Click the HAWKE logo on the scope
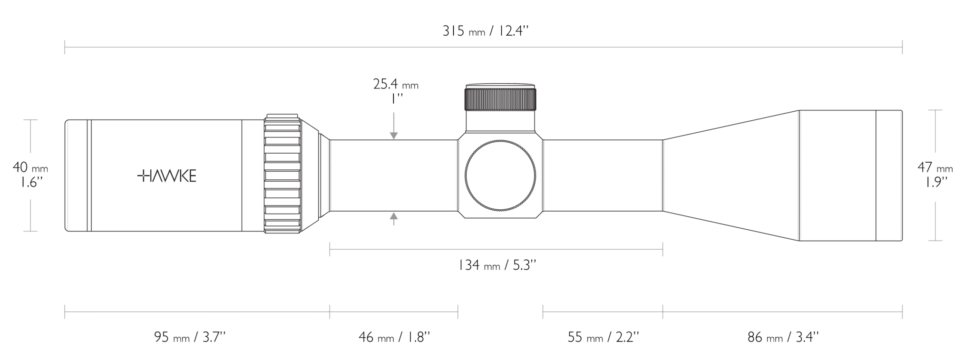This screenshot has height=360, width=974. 167,176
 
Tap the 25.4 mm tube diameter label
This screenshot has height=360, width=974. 396,85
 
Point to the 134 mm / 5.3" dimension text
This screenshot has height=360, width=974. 497,265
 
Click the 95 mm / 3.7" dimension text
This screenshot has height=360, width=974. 190,337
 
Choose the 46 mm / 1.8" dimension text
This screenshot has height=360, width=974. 394,337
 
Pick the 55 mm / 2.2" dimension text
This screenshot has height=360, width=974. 603,337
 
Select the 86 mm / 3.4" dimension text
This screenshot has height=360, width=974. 783,337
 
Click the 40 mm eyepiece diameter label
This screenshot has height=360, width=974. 30,168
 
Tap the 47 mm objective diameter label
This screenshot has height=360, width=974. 935,168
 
